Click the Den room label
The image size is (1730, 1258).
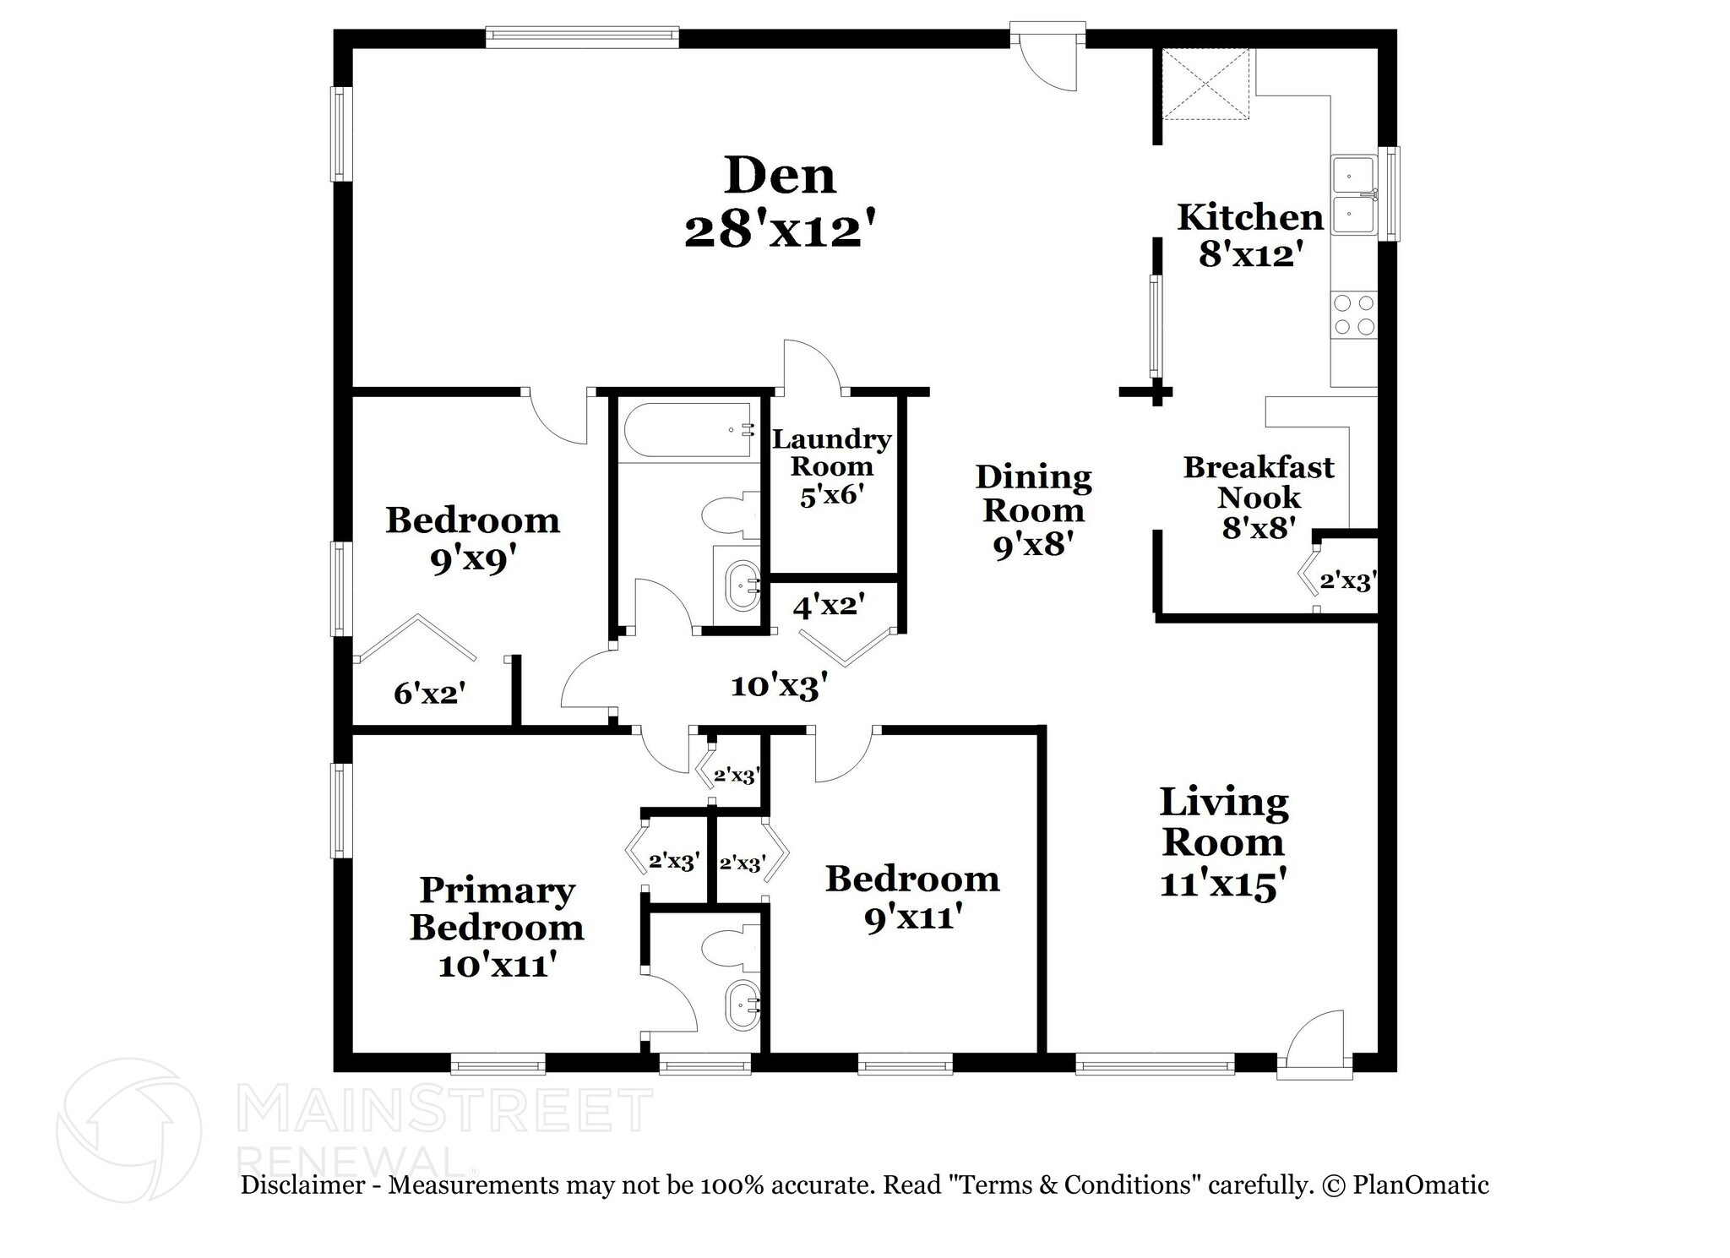coord(780,176)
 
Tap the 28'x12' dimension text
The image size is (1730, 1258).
coord(778,231)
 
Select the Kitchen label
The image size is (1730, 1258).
coord(1249,217)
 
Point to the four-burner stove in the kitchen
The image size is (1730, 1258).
coord(1353,314)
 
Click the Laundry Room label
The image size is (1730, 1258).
coord(831,452)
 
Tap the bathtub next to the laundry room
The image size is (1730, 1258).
coord(686,431)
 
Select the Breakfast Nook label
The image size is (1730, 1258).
coord(1258,482)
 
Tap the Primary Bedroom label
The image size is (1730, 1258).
coord(497,908)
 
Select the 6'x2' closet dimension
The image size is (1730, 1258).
coord(430,694)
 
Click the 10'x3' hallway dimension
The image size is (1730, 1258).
coord(778,685)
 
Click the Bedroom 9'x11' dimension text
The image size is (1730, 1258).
coord(913,917)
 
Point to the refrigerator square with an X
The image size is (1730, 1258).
coord(1205,84)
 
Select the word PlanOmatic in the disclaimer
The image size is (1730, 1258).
coord(1420,1184)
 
